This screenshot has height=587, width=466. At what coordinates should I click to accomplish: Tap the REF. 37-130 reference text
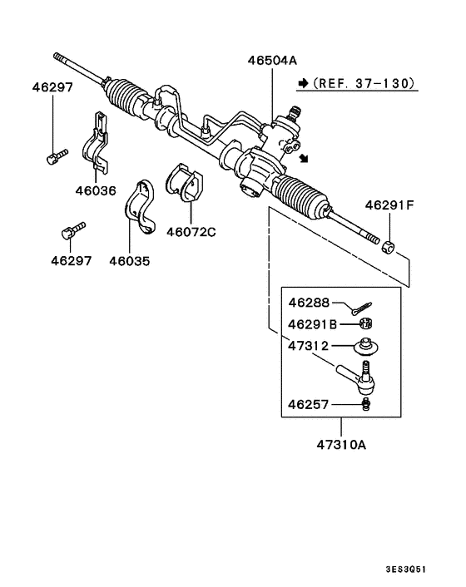tap(364, 83)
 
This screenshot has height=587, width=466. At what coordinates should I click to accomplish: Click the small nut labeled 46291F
tap(388, 247)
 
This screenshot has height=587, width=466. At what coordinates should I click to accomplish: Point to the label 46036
tap(97, 190)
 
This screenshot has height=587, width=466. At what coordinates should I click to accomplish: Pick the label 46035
tap(130, 260)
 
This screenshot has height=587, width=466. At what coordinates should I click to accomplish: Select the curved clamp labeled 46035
tap(144, 209)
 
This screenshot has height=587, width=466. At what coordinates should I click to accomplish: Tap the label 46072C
tap(191, 232)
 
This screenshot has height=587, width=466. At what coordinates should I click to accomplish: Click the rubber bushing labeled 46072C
tap(188, 183)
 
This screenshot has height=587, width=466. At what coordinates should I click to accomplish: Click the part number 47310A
tap(341, 444)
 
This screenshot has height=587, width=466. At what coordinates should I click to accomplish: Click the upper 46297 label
tap(53, 86)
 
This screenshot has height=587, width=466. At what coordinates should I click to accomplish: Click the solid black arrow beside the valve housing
tap(305, 157)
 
